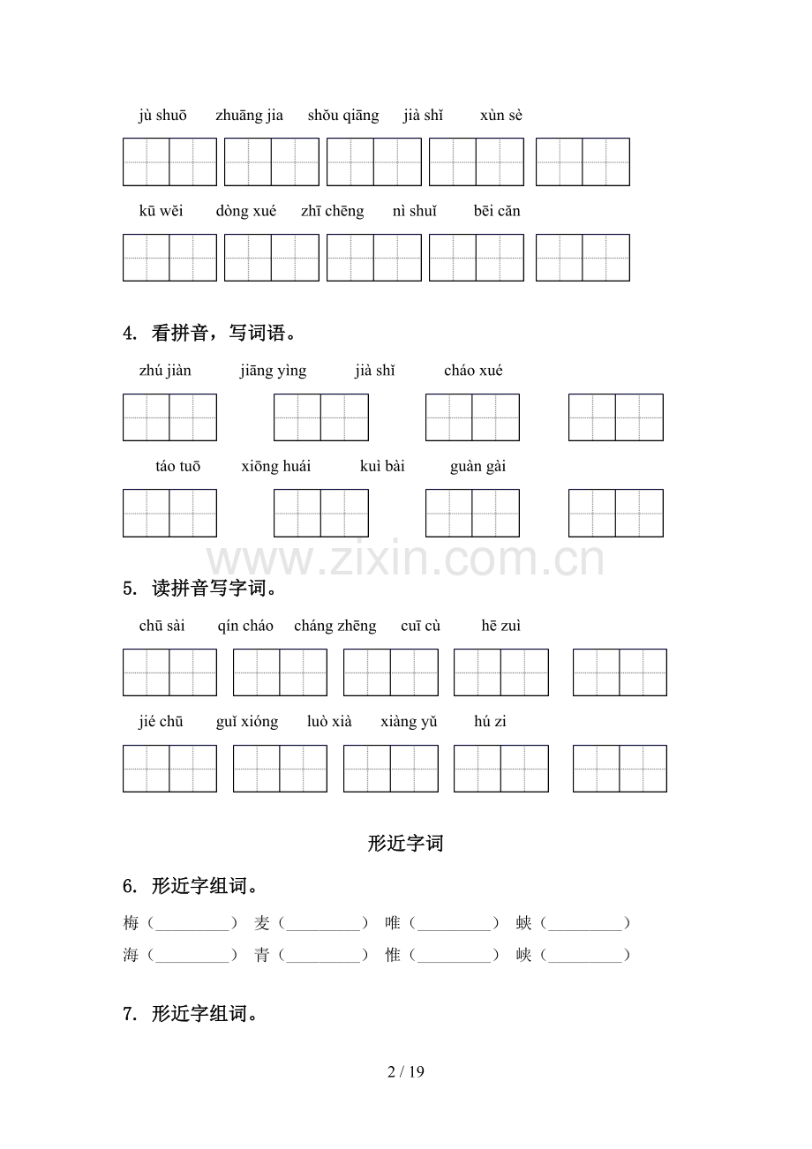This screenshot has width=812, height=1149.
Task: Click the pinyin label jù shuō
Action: click(162, 116)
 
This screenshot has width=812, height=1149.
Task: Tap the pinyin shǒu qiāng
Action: click(343, 116)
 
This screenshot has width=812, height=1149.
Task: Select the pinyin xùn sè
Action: click(501, 116)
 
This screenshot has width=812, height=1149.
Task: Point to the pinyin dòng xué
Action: click(246, 211)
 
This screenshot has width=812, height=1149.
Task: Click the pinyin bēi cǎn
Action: click(497, 211)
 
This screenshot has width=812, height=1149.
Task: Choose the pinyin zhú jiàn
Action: click(165, 371)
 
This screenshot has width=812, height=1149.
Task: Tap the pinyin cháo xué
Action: click(473, 371)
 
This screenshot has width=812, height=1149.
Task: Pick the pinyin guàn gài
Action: click(477, 467)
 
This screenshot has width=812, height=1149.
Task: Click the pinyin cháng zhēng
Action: click(335, 626)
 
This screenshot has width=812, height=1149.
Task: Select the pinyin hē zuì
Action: click(501, 626)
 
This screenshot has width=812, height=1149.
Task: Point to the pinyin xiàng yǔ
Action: click(409, 722)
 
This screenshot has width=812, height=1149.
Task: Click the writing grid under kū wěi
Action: click(169, 258)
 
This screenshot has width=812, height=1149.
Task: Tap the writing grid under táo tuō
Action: click(169, 513)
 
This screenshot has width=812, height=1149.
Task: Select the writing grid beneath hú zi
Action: click(620, 769)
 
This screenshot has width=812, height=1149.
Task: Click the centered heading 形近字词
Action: click(406, 844)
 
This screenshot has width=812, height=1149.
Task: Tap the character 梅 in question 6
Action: click(132, 923)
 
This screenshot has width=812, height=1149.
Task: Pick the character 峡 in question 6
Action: click(524, 955)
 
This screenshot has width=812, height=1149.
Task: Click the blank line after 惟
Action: click(455, 956)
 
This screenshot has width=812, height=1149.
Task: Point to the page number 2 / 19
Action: click(406, 1072)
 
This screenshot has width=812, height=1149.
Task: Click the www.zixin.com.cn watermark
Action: click(406, 560)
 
